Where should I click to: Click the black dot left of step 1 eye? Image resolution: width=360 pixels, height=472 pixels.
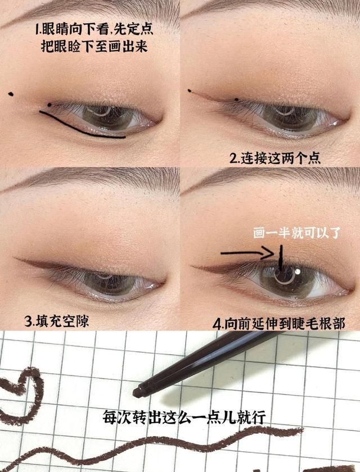11,94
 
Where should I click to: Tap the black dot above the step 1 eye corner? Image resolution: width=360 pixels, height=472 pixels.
49,104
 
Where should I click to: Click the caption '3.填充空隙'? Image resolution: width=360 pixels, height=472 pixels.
49,321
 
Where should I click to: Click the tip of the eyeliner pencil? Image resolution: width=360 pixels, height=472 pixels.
137,389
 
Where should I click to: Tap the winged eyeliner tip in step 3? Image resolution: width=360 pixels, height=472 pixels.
17,260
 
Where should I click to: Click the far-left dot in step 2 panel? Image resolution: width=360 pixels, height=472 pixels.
190,90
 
